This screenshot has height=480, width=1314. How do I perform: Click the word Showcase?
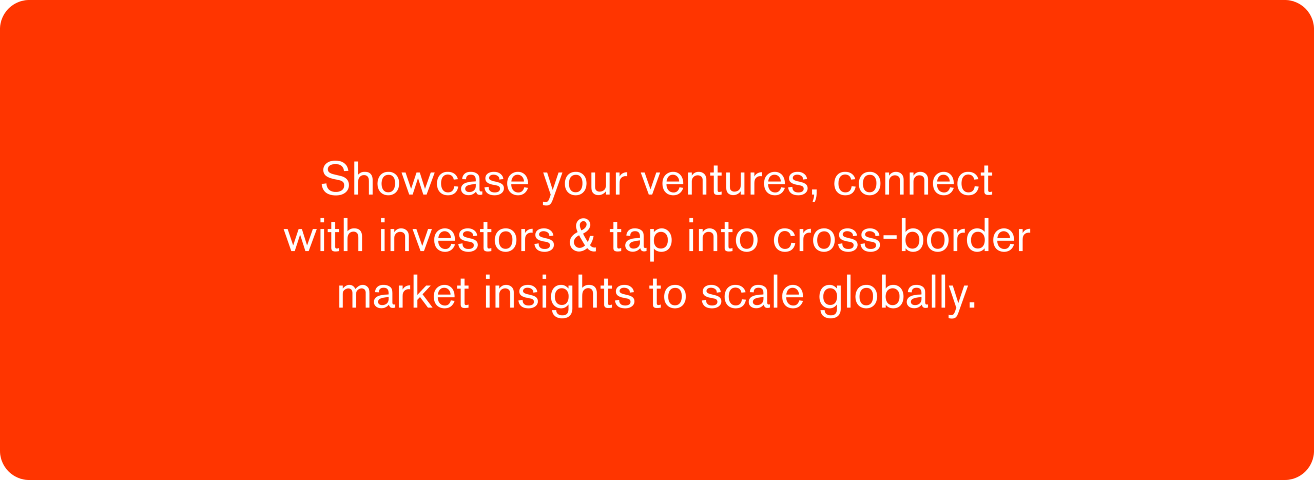[x=425, y=178]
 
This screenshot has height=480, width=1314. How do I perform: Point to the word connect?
[x=913, y=181]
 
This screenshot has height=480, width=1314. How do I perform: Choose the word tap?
[x=641, y=240]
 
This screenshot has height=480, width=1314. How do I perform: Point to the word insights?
[x=559, y=296]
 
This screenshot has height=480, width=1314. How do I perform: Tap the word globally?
[x=896, y=296]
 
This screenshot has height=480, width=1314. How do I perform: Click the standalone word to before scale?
[x=668, y=293]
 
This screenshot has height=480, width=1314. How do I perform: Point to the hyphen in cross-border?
[x=890, y=238]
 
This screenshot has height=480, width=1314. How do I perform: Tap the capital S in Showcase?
[x=336, y=178]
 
